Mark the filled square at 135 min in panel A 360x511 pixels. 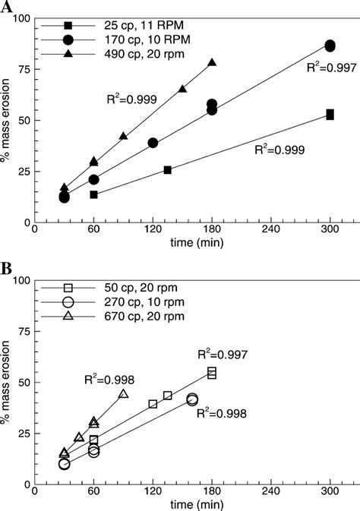pyautogui.click(x=168, y=169)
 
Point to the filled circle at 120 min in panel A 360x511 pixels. pyautogui.click(x=153, y=143)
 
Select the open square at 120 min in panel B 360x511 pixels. pyautogui.click(x=153, y=404)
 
